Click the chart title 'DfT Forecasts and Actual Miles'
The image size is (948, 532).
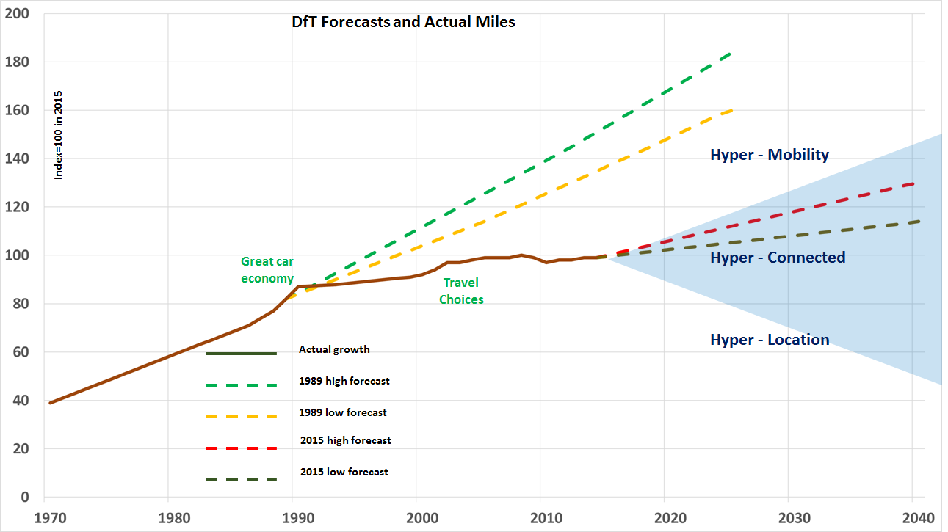click(x=403, y=22)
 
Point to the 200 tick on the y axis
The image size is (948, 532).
click(x=15, y=14)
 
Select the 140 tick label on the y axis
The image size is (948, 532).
click(x=15, y=159)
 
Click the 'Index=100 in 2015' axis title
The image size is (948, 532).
click(x=59, y=135)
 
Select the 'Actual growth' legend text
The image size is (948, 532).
click(x=334, y=350)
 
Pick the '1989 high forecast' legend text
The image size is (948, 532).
click(x=344, y=382)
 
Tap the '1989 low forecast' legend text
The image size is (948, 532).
click(x=342, y=412)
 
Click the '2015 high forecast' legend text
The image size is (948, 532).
click(x=345, y=441)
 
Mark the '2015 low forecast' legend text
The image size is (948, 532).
click(x=344, y=472)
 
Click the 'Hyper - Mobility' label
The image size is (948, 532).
click(x=769, y=155)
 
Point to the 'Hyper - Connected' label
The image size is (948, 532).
click(x=777, y=258)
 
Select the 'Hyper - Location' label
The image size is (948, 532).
click(x=769, y=340)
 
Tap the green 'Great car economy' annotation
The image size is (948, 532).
click(x=267, y=270)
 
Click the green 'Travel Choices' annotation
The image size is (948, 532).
click(x=461, y=291)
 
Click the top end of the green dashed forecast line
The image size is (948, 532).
click(x=730, y=54)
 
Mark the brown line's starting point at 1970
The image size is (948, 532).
click(x=50, y=403)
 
